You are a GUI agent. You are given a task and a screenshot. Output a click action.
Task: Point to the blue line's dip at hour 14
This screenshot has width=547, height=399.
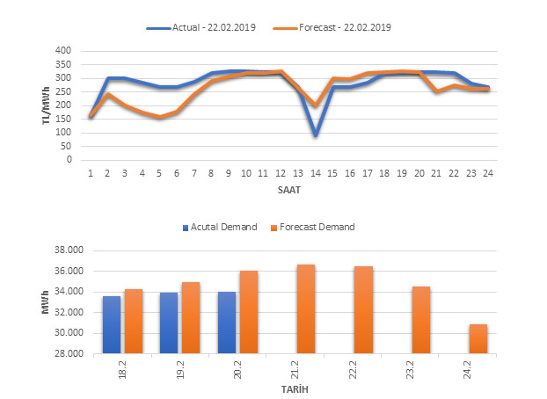(x=315, y=135)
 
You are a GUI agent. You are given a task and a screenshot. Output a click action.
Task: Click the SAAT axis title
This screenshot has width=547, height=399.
(x=289, y=189)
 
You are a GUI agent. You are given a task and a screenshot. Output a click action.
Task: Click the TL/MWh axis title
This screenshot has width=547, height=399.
(x=46, y=105)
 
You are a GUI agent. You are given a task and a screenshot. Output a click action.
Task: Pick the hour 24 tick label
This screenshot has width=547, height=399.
(x=487, y=173)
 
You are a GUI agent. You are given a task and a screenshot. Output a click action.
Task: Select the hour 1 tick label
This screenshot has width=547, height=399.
(x=91, y=173)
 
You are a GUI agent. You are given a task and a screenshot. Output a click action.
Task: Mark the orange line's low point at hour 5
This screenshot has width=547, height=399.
(x=159, y=117)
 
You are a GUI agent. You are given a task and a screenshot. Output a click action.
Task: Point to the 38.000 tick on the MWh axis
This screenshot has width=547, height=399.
(x=69, y=250)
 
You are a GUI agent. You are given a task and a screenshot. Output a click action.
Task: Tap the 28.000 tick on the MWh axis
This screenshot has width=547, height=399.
(x=69, y=354)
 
